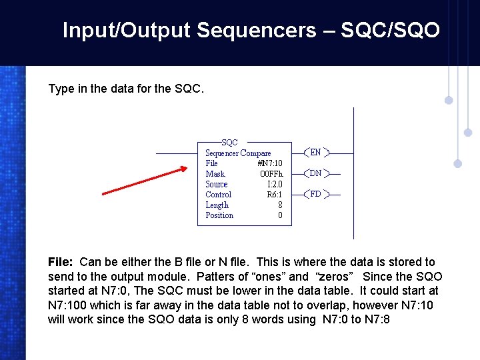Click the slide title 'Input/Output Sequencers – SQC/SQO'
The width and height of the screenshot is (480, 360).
251,31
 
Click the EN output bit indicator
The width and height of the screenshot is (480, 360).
315,153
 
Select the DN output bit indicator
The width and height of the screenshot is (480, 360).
315,173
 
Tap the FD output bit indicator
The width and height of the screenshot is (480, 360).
315,195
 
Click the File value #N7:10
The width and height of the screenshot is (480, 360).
269,163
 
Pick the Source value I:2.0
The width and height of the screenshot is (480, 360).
274,185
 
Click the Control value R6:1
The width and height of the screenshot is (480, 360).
274,195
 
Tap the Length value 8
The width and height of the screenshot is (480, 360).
280,205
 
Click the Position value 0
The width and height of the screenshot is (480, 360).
280,215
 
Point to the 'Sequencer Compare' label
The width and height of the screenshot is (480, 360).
238,153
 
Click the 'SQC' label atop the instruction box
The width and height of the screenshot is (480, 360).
229,143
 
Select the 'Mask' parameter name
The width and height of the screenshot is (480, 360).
215,174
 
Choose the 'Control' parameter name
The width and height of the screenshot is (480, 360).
218,195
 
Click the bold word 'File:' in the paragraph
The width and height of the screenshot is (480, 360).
62,262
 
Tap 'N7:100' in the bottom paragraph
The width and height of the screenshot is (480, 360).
70,305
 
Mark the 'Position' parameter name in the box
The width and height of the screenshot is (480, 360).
219,215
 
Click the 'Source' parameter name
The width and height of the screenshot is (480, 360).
216,185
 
